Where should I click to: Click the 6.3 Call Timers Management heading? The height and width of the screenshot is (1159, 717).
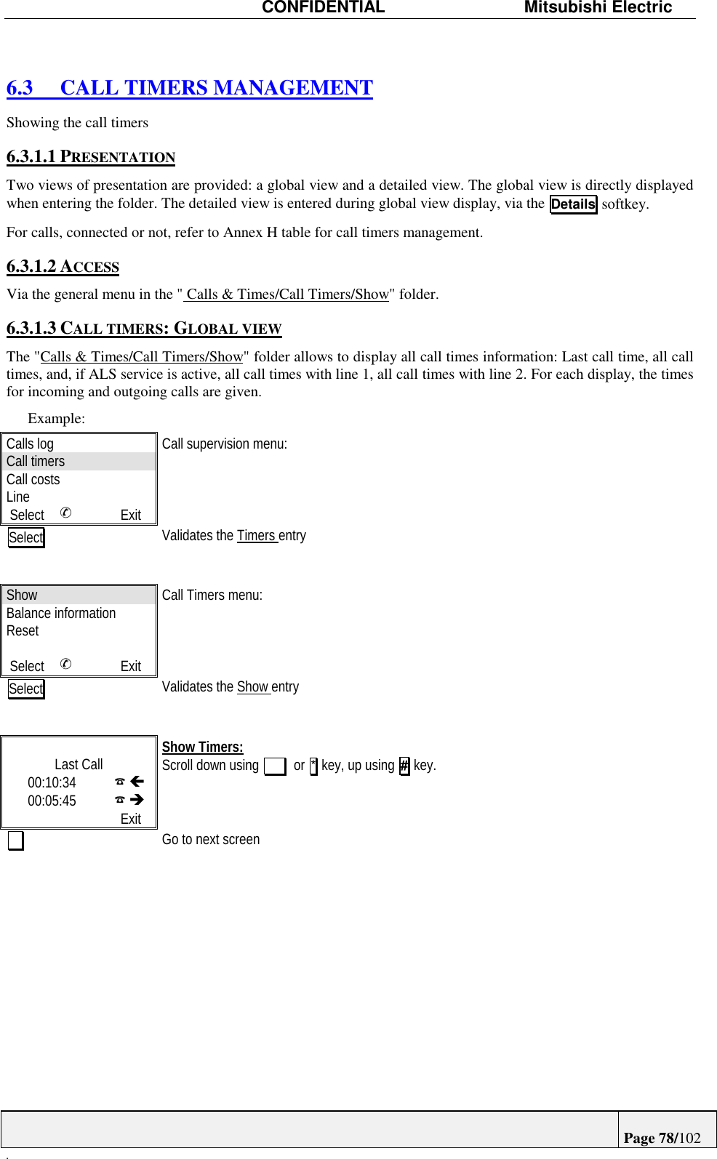[190, 88]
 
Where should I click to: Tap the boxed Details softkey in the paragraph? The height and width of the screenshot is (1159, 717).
[573, 204]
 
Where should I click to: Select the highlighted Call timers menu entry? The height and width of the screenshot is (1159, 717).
[36, 461]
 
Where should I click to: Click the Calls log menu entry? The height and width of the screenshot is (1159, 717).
[30, 444]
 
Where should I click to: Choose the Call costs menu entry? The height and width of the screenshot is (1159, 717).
[33, 479]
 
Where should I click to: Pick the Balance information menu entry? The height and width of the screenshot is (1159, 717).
[61, 613]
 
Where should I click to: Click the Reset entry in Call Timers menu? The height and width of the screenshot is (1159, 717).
[23, 630]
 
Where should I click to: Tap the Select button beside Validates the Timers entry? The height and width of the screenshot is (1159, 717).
[26, 537]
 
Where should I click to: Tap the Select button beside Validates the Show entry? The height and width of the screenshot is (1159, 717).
[26, 689]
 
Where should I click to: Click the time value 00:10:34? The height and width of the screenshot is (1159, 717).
[52, 782]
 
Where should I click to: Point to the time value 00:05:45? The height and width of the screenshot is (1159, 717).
[52, 801]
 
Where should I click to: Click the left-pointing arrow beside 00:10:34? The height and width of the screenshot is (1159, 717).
[137, 782]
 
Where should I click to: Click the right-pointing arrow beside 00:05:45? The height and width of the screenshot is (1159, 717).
[137, 800]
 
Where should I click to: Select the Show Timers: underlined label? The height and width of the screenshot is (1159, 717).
[202, 747]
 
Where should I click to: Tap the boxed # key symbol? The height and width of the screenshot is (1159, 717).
[404, 766]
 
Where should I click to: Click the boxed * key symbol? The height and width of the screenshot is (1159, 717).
[313, 766]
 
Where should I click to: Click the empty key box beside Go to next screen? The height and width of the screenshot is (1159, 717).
[15, 841]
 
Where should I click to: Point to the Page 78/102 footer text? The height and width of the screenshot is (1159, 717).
[662, 1138]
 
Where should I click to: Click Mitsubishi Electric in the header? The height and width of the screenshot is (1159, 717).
[598, 8]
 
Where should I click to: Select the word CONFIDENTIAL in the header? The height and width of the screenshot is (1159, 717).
[323, 8]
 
